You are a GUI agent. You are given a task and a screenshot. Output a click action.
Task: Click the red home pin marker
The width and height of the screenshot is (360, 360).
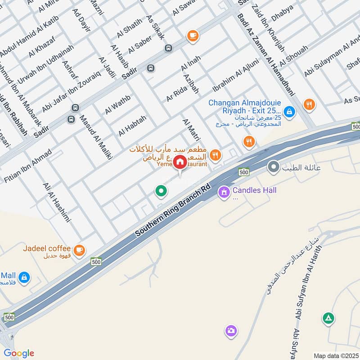click(180, 162)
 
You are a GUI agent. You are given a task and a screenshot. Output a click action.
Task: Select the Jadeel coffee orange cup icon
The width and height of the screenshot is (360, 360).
click(79, 250)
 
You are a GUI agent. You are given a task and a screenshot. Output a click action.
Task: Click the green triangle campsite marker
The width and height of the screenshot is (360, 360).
click(328, 319)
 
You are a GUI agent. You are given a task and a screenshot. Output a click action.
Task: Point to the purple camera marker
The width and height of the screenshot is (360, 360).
click(231, 331)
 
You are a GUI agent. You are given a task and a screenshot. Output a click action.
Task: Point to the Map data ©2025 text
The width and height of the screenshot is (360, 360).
click(335, 355)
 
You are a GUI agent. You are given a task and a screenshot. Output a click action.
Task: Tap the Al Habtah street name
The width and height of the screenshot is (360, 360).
click(132, 126)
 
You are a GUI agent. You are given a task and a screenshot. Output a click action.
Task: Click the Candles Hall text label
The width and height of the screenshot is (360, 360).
click(254, 190)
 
